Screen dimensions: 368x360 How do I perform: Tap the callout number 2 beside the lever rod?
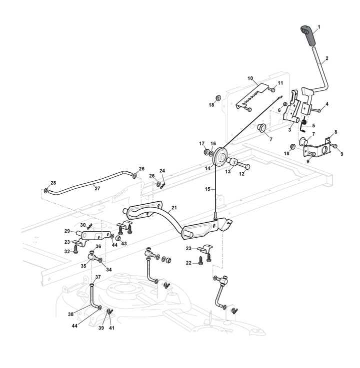tap(326, 58)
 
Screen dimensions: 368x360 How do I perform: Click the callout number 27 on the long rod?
tap(97, 188)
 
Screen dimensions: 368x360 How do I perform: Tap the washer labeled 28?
tap(46, 191)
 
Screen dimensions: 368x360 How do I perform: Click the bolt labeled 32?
tap(75, 251)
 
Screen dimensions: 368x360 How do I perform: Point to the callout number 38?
tap(71, 314)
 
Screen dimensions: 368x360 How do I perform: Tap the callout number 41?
tap(111, 328)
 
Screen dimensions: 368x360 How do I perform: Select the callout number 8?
tap(335, 132)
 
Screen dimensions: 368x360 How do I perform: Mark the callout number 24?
tap(162, 170)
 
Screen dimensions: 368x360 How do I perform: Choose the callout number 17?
tap(202, 143)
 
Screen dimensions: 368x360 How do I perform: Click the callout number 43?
tap(123, 243)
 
